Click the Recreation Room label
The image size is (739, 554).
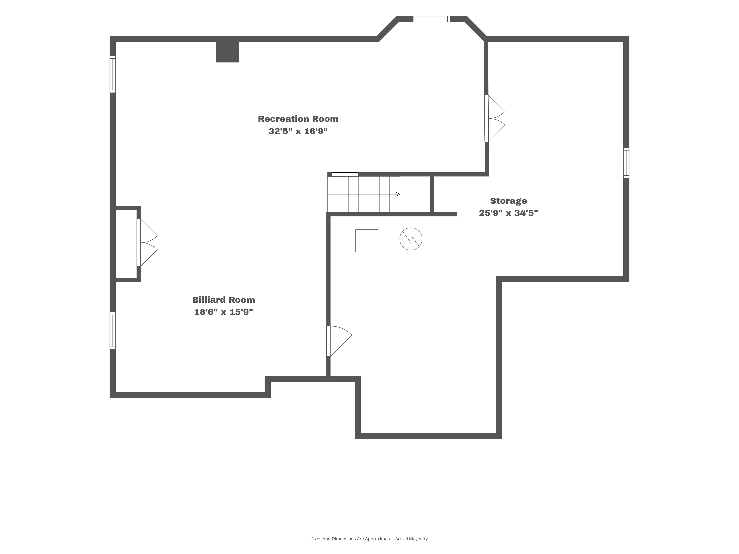pyautogui.click(x=298, y=119)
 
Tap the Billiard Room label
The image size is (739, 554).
pyautogui.click(x=224, y=300)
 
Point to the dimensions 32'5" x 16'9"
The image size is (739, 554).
pyautogui.click(x=298, y=131)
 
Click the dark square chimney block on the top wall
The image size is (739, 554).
pyautogui.click(x=227, y=52)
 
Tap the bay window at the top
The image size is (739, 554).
pyautogui.click(x=432, y=19)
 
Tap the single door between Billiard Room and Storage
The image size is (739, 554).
pyautogui.click(x=339, y=341)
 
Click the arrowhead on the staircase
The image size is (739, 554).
pyautogui.click(x=398, y=194)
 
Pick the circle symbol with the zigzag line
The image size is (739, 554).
pyautogui.click(x=411, y=239)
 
